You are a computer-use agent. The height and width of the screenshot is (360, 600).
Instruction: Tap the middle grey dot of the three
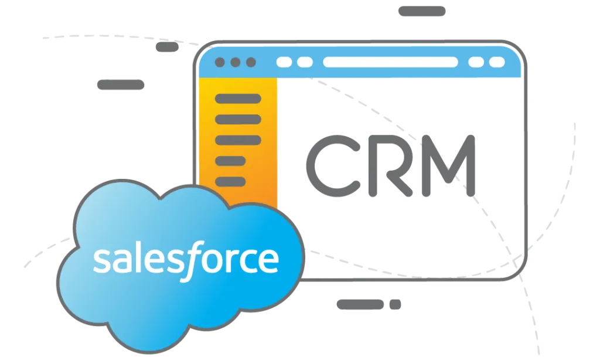[x=236, y=62]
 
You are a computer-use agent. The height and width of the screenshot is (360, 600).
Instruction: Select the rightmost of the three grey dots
[x=251, y=62]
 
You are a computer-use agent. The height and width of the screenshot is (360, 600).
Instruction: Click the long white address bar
[x=390, y=62]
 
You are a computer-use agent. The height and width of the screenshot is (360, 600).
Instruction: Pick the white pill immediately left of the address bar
[x=305, y=62]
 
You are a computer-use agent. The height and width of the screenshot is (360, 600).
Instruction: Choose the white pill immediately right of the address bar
[x=476, y=62]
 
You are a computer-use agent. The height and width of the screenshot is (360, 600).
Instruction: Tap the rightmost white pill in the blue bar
[x=497, y=62]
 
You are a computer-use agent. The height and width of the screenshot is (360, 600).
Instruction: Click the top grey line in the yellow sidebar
[x=238, y=99]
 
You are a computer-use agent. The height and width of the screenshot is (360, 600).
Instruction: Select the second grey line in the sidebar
[x=238, y=119]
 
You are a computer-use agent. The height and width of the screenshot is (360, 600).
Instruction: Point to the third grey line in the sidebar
[x=238, y=140]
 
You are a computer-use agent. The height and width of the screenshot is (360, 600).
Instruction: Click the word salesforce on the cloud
[x=185, y=260]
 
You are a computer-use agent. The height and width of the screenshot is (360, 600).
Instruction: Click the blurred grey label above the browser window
[x=422, y=11]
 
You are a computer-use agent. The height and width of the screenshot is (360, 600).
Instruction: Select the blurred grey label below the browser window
[x=367, y=304]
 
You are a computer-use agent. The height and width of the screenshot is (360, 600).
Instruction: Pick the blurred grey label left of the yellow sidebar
[x=120, y=84]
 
